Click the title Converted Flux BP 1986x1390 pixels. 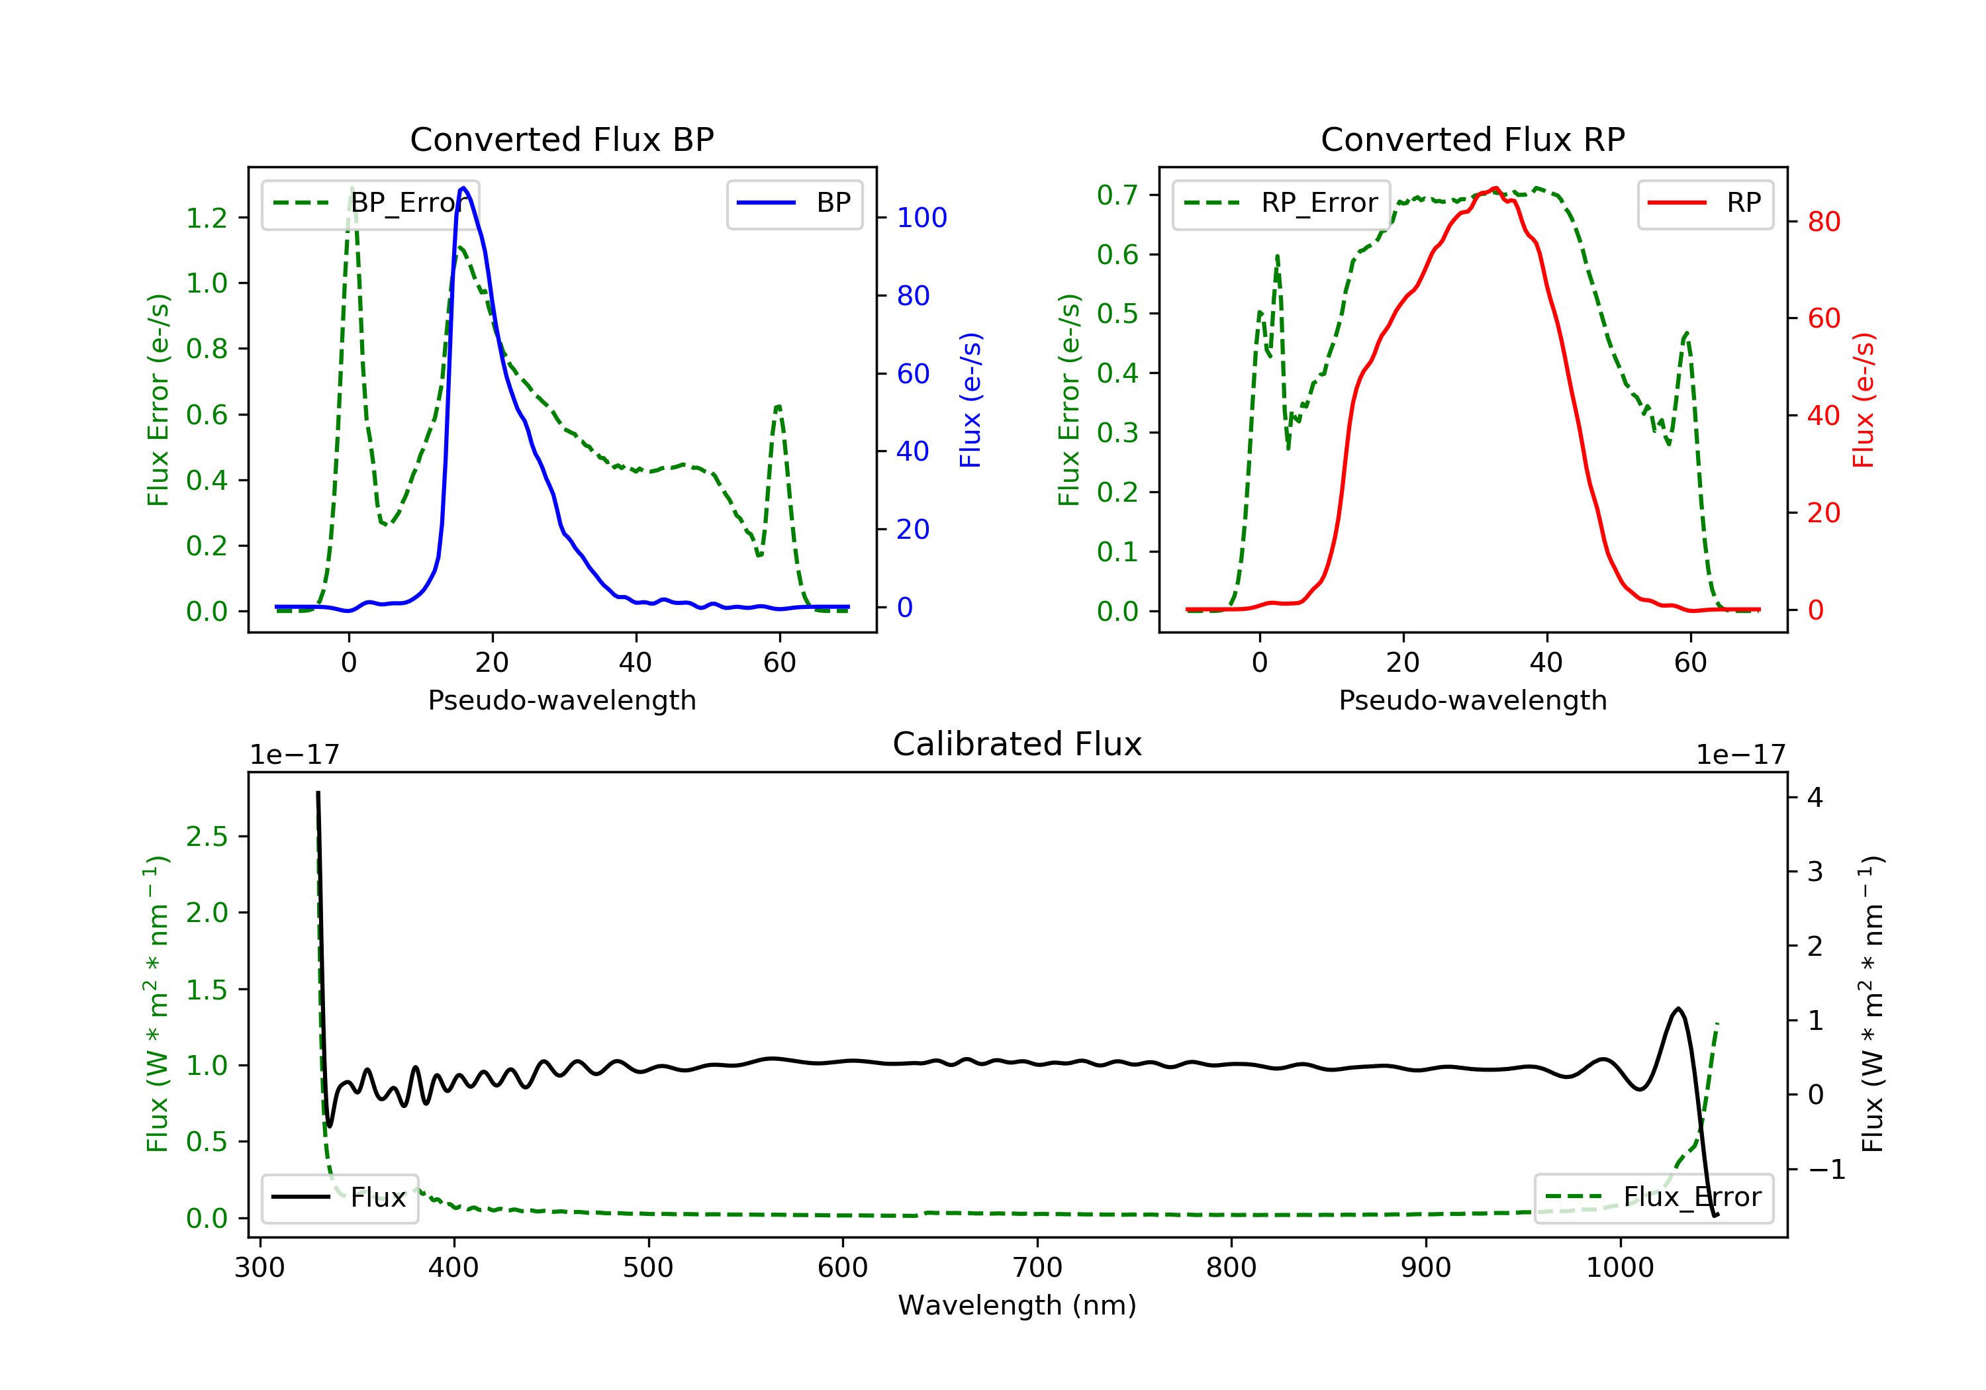(561, 139)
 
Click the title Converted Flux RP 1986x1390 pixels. (1472, 139)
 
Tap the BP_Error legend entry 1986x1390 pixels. (370, 203)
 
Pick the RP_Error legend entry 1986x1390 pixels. (1281, 203)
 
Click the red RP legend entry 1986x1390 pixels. (1705, 203)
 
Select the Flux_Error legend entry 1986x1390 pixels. (1653, 1197)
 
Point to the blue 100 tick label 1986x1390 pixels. (922, 218)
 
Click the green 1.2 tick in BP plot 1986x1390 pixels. (207, 218)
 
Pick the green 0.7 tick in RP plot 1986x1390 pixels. (1117, 195)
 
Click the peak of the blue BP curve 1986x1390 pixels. (463, 188)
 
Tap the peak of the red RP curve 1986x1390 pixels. (1495, 188)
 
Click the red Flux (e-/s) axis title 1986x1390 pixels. (1863, 400)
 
